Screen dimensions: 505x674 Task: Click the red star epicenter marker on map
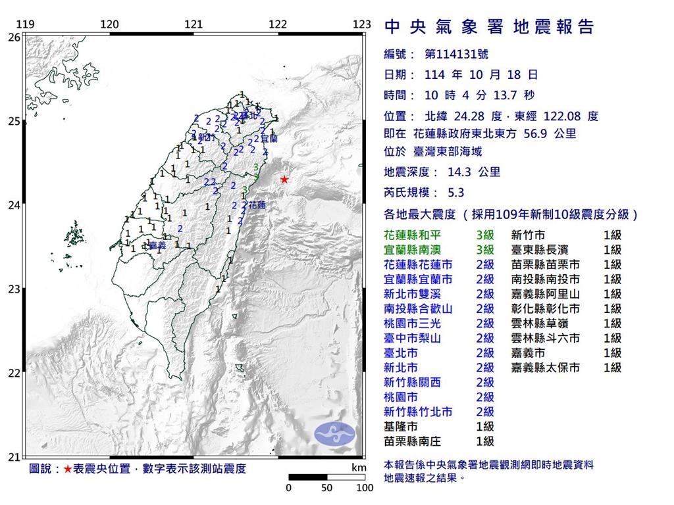point(284,180)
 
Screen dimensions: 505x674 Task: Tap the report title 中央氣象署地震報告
point(488,26)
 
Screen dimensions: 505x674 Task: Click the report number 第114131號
point(460,55)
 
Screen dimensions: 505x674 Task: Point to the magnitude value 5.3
point(455,193)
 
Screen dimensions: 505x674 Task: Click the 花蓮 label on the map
point(257,205)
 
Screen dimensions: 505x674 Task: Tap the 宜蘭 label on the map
point(269,139)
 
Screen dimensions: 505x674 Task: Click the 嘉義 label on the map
point(157,245)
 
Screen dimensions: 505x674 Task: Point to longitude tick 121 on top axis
point(194,25)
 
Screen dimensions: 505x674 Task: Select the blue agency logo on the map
point(334,432)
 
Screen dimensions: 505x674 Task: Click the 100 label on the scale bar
point(365,488)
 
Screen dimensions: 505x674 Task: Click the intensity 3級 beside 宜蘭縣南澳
point(485,250)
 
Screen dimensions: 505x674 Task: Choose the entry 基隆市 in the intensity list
point(400,427)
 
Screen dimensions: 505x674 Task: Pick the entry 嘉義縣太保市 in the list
point(546,368)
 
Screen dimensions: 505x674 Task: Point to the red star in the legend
point(68,469)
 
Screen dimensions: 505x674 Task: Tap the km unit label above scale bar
point(359,468)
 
